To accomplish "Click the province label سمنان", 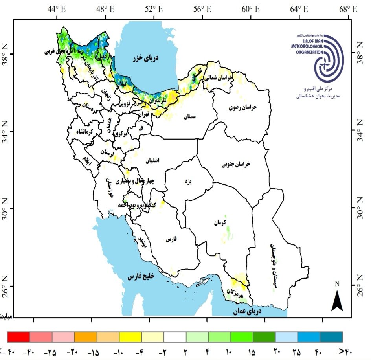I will tap(191, 116).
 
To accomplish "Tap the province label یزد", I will tap(187, 182).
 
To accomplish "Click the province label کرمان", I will tap(221, 223).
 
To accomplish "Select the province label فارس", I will tap(170, 239).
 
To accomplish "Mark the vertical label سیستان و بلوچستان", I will tap(273, 267).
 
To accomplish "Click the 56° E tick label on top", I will tap(203, 8).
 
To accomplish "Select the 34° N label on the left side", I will tap(6, 131).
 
